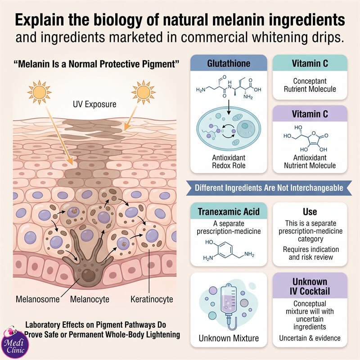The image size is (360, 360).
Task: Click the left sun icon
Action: [x=39, y=92]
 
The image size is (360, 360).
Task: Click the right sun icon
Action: [x=143, y=92]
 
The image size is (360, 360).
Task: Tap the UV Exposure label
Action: [x=94, y=104]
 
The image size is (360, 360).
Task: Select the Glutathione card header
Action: [x=229, y=63]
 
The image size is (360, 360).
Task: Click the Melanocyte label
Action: [x=90, y=299]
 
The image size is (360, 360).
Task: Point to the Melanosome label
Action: [x=38, y=299]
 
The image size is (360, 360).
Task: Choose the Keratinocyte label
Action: [x=152, y=299]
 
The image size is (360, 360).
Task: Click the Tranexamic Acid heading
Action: [x=229, y=211]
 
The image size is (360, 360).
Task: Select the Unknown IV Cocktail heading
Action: [x=310, y=286]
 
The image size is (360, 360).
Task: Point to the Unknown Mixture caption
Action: [x=229, y=338]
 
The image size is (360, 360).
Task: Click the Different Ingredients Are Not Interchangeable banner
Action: [x=269, y=188]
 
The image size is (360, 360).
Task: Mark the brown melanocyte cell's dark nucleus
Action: [x=88, y=275]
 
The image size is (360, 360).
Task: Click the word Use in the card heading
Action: [x=310, y=211]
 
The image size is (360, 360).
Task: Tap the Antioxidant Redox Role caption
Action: [x=229, y=162]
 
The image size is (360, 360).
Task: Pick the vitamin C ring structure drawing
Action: [x=306, y=139]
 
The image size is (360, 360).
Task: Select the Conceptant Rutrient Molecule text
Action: [x=310, y=85]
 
